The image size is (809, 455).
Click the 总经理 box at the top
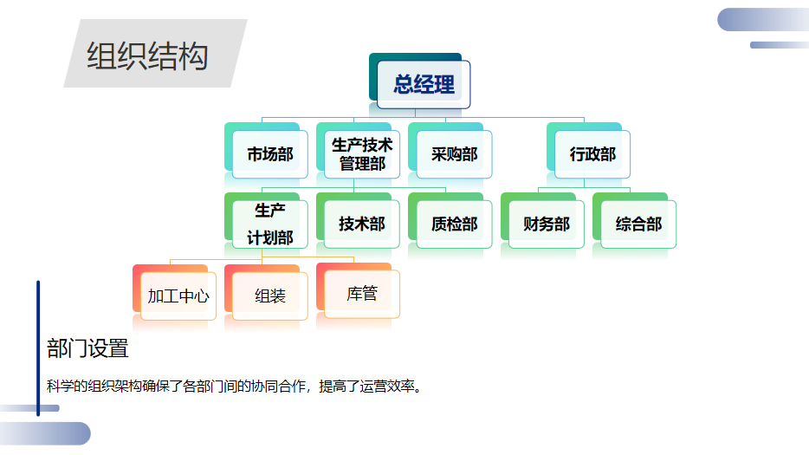click(424, 85)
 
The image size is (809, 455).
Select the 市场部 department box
click(270, 154)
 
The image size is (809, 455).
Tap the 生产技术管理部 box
click(362, 154)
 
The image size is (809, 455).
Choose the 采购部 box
click(454, 154)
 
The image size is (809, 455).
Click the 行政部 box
click(592, 154)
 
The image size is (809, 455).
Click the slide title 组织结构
click(147, 55)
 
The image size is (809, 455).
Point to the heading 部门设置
click(87, 348)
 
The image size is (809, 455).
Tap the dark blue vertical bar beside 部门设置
click(38, 348)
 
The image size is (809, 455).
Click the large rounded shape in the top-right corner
click(763, 20)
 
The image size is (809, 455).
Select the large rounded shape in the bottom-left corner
click(45, 434)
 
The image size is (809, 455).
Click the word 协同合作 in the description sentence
click(278, 387)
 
